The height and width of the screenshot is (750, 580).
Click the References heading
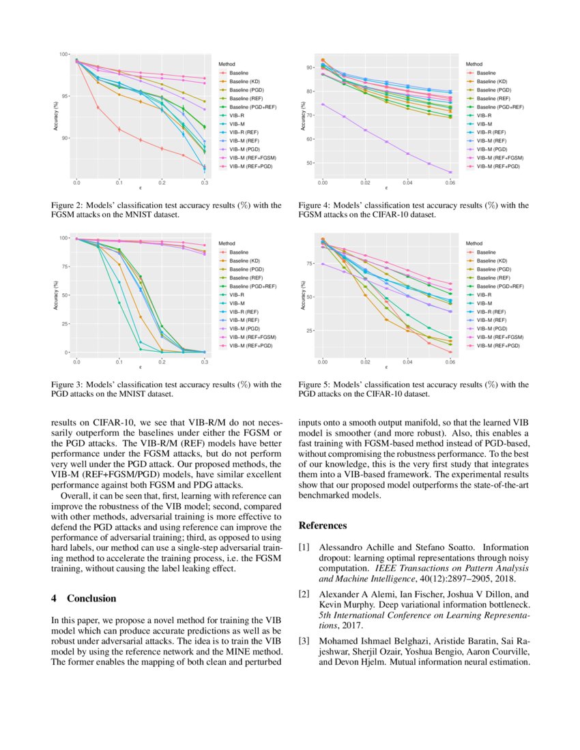point(323,526)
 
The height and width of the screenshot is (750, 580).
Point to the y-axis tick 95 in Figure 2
point(65,96)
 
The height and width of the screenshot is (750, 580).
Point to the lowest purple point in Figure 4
point(450,172)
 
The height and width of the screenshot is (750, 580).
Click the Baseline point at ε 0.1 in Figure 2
point(119,130)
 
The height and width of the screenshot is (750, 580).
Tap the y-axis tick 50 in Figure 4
point(312,163)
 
